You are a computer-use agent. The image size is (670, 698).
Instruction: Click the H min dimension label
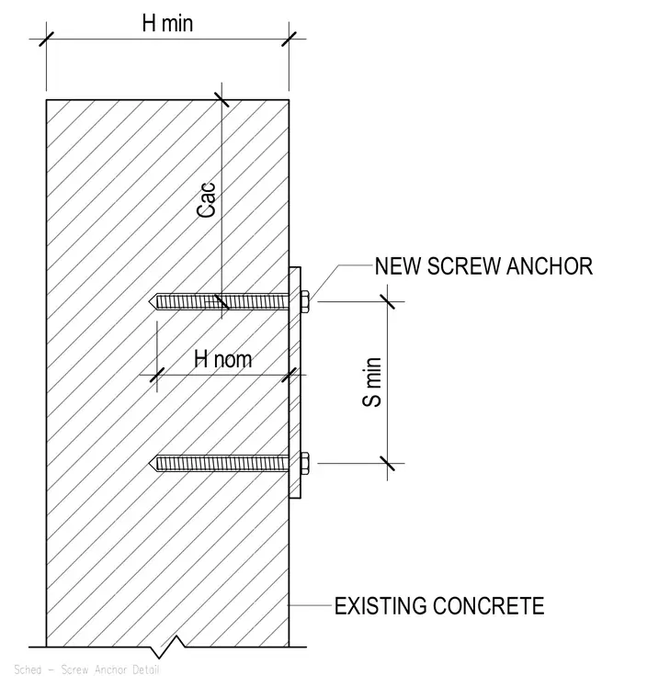pos(167,23)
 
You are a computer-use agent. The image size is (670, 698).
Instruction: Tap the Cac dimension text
pos(207,200)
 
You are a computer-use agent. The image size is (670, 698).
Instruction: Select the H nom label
pos(222,359)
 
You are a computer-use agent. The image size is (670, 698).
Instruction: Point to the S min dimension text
pos(372,382)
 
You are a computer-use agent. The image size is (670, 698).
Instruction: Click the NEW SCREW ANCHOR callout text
pos(483,266)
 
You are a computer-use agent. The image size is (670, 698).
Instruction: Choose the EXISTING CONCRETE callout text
pos(439,606)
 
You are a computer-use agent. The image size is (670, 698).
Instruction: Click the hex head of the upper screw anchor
pos(305,302)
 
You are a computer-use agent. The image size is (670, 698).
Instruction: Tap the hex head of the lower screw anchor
pos(305,464)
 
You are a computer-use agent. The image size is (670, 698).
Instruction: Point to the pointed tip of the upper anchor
pos(150,302)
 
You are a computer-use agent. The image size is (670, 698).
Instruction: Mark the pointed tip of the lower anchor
pos(150,464)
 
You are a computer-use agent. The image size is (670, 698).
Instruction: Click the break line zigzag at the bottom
pos(167,647)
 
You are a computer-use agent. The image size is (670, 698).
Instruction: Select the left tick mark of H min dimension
pos(46,39)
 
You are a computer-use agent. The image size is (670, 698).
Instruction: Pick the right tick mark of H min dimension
pos(290,39)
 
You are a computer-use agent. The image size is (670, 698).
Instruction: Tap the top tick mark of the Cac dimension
pos(221,100)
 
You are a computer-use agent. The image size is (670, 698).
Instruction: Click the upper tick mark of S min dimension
pos(387,301)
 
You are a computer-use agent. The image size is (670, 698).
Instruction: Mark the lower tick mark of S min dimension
pos(387,464)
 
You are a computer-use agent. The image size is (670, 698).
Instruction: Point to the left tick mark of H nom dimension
pos(157,375)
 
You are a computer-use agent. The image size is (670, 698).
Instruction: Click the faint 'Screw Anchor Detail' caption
pos(110,670)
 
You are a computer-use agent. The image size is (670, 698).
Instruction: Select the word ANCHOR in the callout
pos(550,266)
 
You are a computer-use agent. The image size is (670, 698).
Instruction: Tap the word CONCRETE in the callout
pos(489,606)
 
